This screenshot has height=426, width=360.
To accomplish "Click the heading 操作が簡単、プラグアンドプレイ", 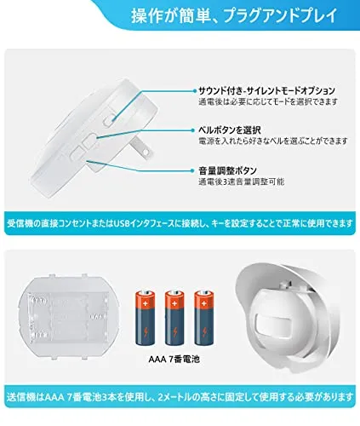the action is tap(234, 16).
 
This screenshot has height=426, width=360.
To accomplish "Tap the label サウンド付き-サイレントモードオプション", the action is tap(266, 91).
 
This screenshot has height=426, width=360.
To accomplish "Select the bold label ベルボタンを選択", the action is tap(230, 130).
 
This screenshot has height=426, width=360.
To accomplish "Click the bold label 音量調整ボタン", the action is tap(227, 170).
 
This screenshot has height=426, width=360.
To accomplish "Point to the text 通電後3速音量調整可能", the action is tap(242, 181).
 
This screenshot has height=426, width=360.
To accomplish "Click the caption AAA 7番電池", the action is tap(174, 360).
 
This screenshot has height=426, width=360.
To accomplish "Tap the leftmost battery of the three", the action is tap(146, 318).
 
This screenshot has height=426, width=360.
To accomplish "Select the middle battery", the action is tap(174, 318).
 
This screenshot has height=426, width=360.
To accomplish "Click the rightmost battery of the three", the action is tap(204, 318).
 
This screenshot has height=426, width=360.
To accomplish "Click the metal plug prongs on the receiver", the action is tap(141, 147).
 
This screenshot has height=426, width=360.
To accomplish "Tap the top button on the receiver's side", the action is tap(109, 120).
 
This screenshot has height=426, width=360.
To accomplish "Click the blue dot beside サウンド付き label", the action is tap(195, 91).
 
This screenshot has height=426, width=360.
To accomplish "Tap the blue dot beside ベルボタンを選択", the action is tap(195, 130).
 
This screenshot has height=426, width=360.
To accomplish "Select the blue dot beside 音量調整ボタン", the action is tap(195, 170).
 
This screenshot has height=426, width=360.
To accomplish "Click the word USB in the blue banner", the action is tap(122, 223).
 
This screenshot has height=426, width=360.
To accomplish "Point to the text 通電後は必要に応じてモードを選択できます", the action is tap(268, 101).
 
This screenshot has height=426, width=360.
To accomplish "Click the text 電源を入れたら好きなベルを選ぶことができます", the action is tap(273, 141).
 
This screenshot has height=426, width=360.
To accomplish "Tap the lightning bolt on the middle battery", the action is tap(174, 331).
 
